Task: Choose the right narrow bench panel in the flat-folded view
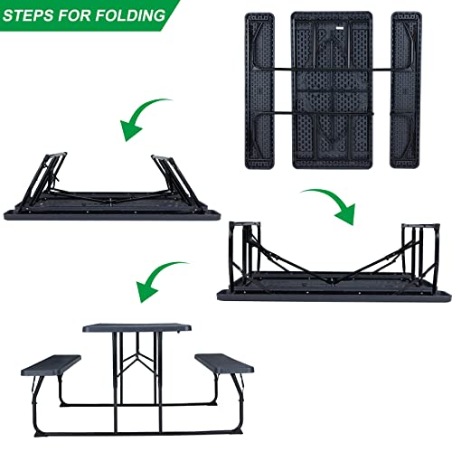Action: [x=400, y=90]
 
